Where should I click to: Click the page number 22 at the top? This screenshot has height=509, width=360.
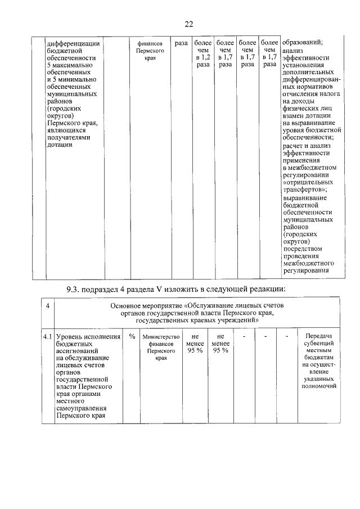click(188, 23)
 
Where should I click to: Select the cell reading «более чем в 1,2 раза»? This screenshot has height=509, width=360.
click(202, 53)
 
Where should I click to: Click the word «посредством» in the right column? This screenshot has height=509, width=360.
click(302, 248)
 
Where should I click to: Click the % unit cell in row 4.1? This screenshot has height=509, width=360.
click(132, 336)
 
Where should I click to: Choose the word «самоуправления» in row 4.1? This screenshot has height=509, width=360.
click(81, 409)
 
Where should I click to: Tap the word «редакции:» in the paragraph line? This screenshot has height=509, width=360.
click(268, 289)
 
